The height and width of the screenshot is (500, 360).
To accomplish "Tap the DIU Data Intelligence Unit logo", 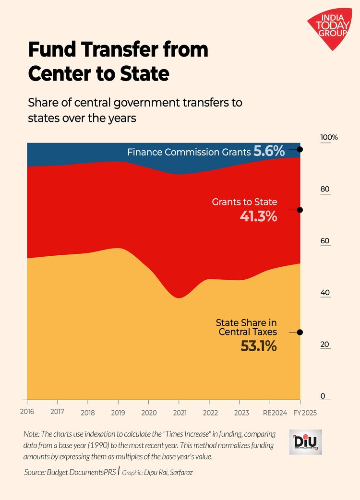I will point(308,442).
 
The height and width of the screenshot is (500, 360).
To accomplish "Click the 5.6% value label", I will point(269,152).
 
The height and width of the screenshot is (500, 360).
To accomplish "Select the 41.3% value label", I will point(258,217).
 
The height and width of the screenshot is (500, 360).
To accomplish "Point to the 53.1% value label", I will point(258,346).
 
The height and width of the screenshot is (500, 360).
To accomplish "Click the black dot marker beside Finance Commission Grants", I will point(300,149).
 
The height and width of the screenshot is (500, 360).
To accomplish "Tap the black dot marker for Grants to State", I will point(300,210).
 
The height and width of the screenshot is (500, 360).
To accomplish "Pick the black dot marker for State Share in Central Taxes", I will point(300,332).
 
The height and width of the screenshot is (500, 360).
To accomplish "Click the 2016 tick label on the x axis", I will point(27,412).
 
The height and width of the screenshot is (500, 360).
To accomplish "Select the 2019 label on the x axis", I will point(118,412).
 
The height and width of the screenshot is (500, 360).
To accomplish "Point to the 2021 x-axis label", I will point(179,412).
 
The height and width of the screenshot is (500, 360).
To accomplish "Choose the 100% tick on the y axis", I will point(329,137).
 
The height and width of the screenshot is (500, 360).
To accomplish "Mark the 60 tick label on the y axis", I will point(325,241).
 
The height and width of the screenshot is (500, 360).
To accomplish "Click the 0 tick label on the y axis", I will point(323,396).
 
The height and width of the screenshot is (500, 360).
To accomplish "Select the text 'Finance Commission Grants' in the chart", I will point(189,152).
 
